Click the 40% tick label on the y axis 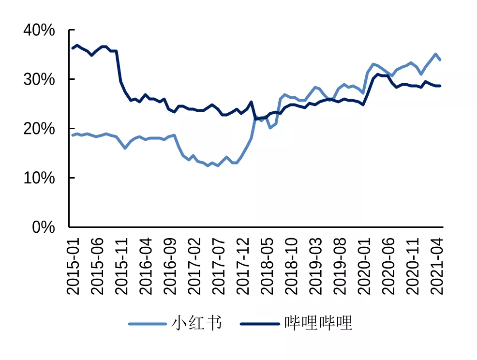click(39, 30)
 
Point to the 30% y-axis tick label click(39, 79)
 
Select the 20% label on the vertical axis click(39, 129)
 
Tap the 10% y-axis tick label click(39, 178)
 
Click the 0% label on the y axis click(44, 227)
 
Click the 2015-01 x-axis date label click(74, 264)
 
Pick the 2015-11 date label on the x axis click(123, 264)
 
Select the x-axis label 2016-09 click(171, 264)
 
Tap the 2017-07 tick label click(220, 264)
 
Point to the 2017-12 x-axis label click(244, 264)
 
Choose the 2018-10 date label click(293, 264)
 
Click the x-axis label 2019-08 click(342, 264)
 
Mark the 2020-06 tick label click(390, 264)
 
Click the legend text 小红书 click(196, 323)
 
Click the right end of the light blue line click(440, 60)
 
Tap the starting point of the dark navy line click(73, 48)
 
